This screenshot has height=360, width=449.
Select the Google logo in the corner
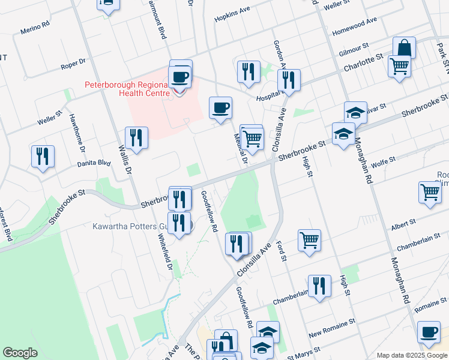coord(20,353)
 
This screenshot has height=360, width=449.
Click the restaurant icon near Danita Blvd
coord(43,157)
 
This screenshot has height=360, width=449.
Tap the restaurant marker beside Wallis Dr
coord(136,138)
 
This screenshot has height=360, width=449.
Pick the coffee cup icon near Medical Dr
coord(220,108)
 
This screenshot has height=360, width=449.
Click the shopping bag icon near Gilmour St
coord(404,49)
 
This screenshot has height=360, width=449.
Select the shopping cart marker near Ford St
coord(309,240)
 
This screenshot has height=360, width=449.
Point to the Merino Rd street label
coord(35,28)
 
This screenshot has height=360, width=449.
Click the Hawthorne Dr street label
coord(77,133)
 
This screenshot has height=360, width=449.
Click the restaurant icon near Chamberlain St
coord(319,286)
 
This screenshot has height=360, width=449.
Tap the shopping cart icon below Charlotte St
coord(399,66)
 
